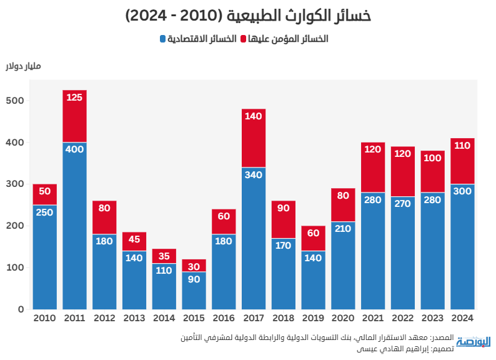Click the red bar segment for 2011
point(74,116)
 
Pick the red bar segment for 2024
point(462,161)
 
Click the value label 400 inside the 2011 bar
point(74,149)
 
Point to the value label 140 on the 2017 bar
point(254,116)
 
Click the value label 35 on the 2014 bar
point(164,256)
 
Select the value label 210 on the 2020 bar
point(343,229)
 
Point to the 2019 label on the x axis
point(313,318)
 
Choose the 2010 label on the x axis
point(44,318)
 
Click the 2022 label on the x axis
point(402,318)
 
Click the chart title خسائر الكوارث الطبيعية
point(248,16)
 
